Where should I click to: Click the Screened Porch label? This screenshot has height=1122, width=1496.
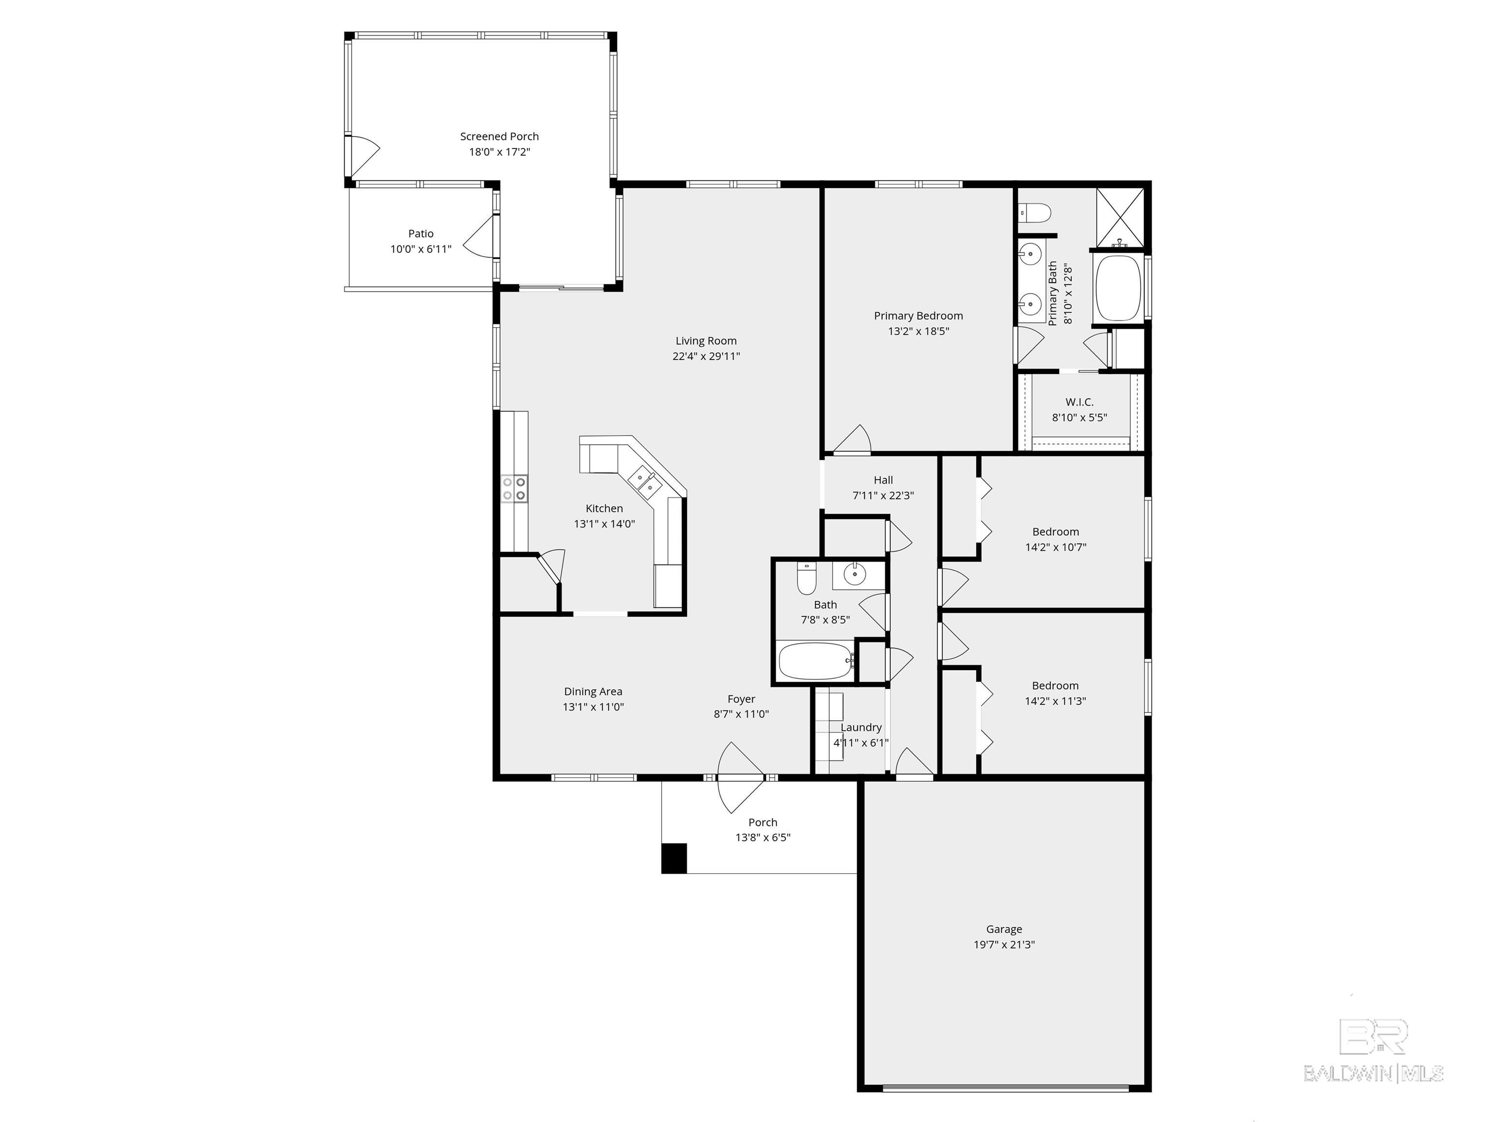(x=499, y=136)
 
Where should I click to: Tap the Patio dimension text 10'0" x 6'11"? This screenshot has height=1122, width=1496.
(x=421, y=249)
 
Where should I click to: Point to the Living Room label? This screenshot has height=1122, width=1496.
(x=706, y=341)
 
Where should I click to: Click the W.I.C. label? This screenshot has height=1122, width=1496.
(x=1080, y=402)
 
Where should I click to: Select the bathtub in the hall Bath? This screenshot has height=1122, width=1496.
(x=815, y=661)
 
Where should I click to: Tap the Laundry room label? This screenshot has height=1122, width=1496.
(x=860, y=727)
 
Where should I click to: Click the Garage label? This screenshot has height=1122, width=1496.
(x=1004, y=929)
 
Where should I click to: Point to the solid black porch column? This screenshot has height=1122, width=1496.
(x=673, y=858)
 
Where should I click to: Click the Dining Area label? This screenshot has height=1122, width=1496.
(x=593, y=691)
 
